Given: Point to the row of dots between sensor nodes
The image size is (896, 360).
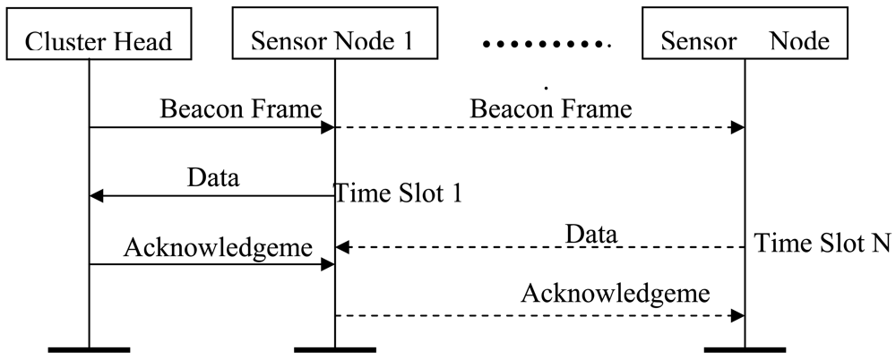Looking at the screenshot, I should click(546, 42).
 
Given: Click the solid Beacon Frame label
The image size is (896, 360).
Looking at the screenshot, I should click(240, 109).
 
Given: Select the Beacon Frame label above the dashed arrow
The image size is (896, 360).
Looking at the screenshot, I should click(551, 109).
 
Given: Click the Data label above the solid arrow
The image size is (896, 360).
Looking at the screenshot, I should click(213, 177).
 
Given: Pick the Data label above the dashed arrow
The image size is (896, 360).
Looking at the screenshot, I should click(590, 234).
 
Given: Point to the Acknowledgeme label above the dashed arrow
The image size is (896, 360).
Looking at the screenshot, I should click(616, 293).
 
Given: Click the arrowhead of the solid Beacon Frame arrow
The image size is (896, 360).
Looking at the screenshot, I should click(328, 128).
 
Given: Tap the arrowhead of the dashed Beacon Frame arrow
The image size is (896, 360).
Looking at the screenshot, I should click(737, 128).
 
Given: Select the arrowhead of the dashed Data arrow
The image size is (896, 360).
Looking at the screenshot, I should click(341, 246).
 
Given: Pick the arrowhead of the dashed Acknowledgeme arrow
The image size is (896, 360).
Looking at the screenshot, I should click(737, 315).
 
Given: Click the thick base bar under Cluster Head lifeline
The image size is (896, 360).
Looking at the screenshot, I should click(89, 347).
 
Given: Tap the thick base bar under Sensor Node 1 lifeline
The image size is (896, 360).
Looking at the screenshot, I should click(334, 347).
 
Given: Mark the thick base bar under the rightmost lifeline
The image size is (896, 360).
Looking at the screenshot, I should click(745, 347).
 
